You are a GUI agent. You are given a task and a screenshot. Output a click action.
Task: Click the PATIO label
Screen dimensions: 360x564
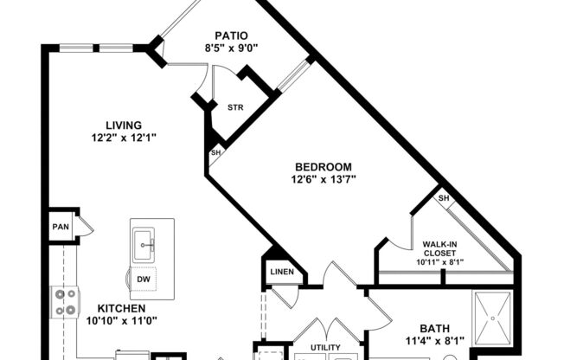(221, 36)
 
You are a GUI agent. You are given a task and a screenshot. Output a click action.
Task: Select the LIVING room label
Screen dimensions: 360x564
(124, 125)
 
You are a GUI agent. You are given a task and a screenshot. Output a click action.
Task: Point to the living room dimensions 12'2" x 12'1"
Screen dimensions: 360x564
(124, 138)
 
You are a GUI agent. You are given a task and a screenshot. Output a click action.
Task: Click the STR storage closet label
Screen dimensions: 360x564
(234, 108)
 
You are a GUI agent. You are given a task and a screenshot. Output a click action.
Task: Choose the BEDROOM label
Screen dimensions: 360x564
(323, 167)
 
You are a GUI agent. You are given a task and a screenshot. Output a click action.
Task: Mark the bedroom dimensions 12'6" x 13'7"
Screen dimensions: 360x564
(323, 180)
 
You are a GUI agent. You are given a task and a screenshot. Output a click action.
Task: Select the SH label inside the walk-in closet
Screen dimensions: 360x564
(443, 198)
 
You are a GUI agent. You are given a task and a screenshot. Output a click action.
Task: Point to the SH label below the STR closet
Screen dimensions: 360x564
(215, 154)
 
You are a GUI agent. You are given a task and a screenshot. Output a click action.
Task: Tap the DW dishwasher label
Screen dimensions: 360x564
(144, 280)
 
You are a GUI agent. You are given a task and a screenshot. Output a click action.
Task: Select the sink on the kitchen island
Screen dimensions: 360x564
(144, 245)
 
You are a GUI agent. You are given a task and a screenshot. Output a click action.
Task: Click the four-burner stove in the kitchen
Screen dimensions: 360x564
(64, 302)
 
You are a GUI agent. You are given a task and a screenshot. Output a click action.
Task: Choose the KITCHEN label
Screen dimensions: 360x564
(120, 308)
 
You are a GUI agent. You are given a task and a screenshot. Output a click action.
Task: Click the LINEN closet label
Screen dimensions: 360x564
(282, 273)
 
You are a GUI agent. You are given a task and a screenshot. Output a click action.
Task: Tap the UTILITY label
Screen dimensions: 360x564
(325, 348)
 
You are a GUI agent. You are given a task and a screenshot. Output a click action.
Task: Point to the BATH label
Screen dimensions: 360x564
(434, 328)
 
